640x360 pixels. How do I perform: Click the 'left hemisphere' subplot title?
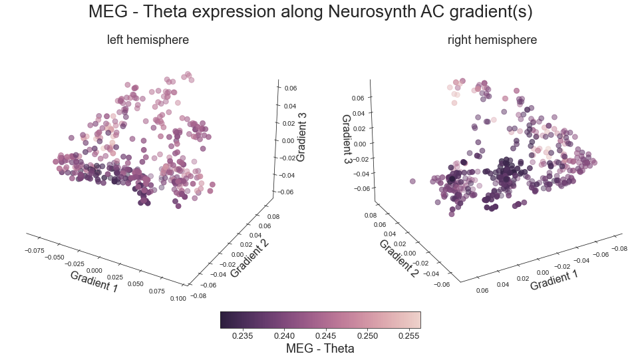148,40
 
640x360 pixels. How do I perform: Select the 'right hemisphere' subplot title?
492,40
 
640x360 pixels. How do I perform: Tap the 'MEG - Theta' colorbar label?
320,348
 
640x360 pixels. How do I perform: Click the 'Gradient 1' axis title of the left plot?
94,281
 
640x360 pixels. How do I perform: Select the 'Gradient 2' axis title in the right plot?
398,258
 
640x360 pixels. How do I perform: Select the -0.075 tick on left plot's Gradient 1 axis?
34,250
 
